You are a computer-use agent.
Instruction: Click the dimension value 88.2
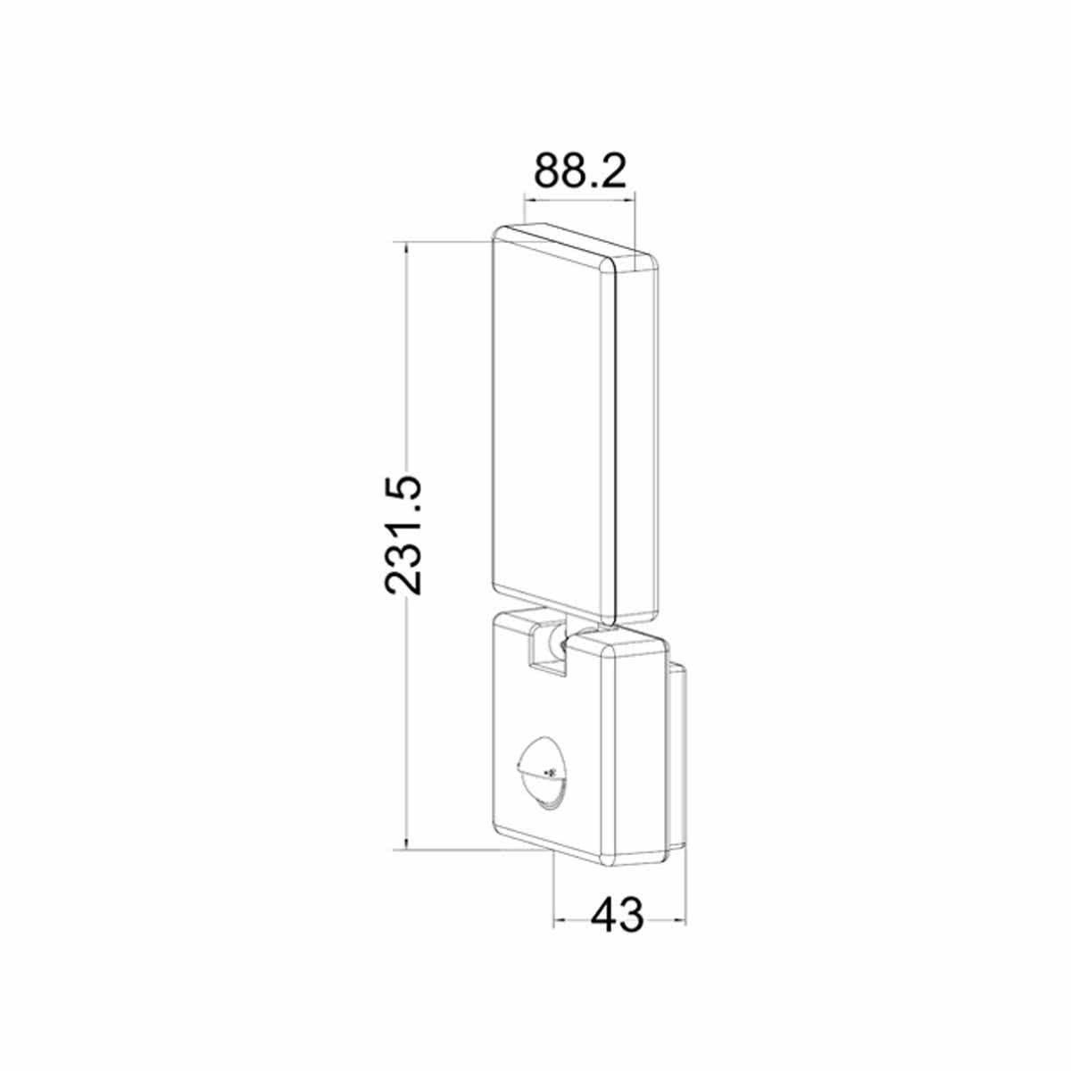(579, 170)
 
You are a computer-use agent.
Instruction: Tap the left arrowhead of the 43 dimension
(560, 919)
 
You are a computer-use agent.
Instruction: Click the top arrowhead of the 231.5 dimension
(406, 247)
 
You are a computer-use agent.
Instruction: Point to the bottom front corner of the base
(608, 862)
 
